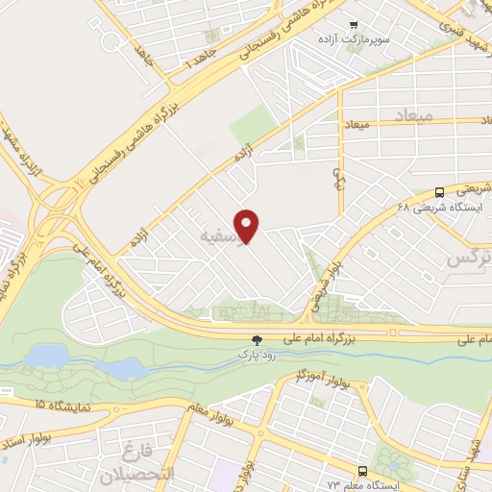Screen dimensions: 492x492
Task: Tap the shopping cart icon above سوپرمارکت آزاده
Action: [354, 25]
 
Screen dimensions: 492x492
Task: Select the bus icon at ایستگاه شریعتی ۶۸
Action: [439, 190]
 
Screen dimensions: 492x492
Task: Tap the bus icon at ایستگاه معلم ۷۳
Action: [362, 471]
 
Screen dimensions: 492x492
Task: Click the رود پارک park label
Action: [257, 355]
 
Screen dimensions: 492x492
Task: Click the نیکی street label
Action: [337, 177]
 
